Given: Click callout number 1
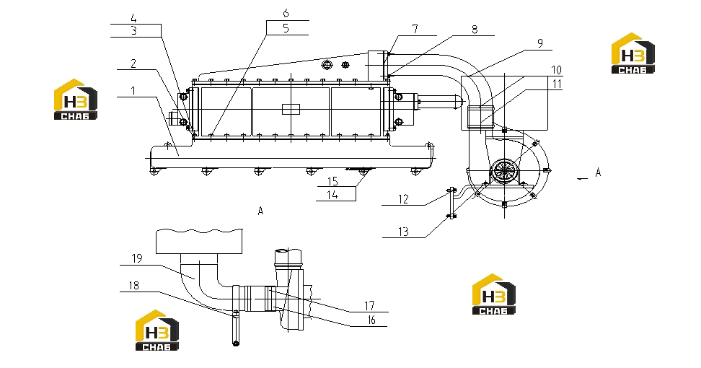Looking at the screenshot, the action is (133, 91).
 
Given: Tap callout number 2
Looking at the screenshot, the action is (133, 63).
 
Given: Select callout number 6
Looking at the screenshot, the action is (286, 14).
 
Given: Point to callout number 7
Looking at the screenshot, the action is (415, 29).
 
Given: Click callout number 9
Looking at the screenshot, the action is (540, 43).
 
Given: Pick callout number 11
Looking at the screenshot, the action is (557, 84).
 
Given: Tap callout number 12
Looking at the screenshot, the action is (403, 199).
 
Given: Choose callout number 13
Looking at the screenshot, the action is (403, 232).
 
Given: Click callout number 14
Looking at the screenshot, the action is (332, 195).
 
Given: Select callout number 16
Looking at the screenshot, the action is (371, 320).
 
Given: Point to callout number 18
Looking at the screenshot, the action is (133, 285).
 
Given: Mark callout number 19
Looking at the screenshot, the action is (137, 258).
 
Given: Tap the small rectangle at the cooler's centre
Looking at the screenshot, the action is (291, 109).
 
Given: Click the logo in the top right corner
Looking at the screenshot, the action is (633, 53).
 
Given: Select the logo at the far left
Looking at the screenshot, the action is (76, 100).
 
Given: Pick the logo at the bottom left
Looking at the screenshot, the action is (157, 330).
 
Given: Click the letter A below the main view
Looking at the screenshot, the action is (260, 211).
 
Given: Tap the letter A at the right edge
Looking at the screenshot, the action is (598, 172).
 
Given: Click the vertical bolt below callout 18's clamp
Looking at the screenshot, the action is (236, 328).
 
